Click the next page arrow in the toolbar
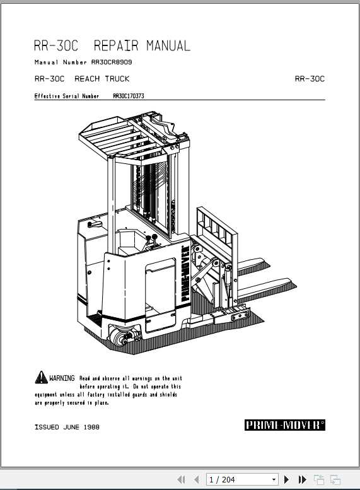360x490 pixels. pyautogui.click(x=287, y=480)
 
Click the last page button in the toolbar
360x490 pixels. pyautogui.click(x=302, y=480)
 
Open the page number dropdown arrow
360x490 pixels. pyautogui.click(x=274, y=480)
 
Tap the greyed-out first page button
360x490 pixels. pyautogui.click(x=182, y=480)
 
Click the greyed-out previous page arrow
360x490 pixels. pyautogui.click(x=197, y=480)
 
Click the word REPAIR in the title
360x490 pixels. pyautogui.click(x=117, y=46)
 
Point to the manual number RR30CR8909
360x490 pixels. pyautogui.click(x=112, y=62)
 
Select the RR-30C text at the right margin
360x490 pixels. pyautogui.click(x=310, y=79)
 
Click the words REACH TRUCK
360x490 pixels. pyautogui.click(x=102, y=79)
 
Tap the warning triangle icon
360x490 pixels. pyautogui.click(x=40, y=377)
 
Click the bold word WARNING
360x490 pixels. pyautogui.click(x=62, y=378)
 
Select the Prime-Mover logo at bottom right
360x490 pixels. pyautogui.click(x=284, y=425)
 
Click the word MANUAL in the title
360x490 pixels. pyautogui.click(x=168, y=46)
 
